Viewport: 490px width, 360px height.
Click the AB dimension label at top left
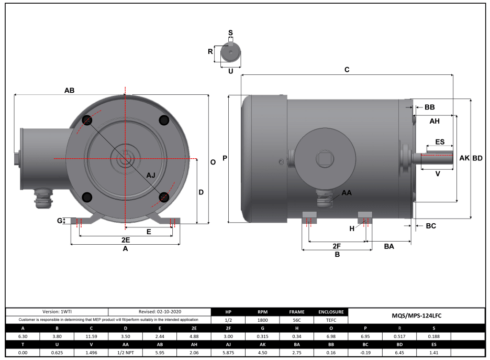[x=69, y=91]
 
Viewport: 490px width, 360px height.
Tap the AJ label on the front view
[x=151, y=174]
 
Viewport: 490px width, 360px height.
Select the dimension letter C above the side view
[x=347, y=69]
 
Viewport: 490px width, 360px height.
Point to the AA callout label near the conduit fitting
[x=347, y=193]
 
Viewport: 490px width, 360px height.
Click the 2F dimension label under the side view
[x=337, y=246]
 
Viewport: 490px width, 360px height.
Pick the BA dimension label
[x=389, y=246]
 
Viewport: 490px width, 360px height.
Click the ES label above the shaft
[x=440, y=142]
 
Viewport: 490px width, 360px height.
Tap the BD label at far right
[x=477, y=158]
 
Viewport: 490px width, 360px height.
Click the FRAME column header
[x=296, y=311]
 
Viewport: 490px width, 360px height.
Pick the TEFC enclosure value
[x=331, y=320]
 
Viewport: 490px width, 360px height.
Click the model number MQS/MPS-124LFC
[x=417, y=316]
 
